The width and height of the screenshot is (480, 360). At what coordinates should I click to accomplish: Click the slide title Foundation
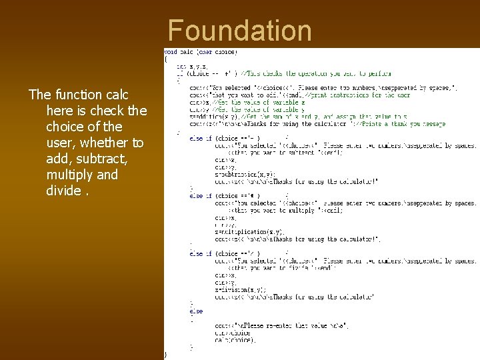click(x=240, y=31)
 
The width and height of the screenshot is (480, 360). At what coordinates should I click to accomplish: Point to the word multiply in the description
click(x=70, y=175)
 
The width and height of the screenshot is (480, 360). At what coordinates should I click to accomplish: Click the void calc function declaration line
click(x=201, y=52)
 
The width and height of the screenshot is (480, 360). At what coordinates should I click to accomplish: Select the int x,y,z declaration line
click(x=191, y=66)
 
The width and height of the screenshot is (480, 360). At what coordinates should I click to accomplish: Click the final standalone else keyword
click(x=196, y=311)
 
